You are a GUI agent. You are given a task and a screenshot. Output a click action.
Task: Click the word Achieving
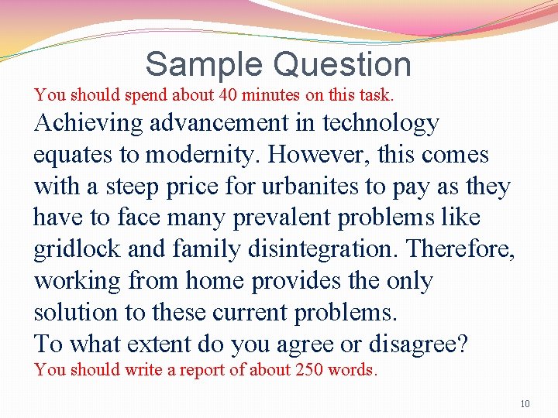(88, 123)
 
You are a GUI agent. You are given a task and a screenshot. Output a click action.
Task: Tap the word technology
(381, 123)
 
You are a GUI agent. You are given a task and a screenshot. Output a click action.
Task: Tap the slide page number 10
(525, 404)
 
